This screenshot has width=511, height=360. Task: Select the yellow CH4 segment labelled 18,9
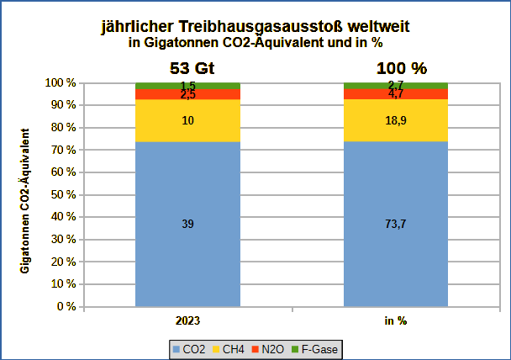click(x=396, y=120)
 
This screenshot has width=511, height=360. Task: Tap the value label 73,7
click(x=396, y=224)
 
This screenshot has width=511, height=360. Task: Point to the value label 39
click(x=188, y=224)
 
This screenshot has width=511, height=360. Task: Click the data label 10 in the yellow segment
click(x=188, y=121)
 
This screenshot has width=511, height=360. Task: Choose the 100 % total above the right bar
click(x=396, y=68)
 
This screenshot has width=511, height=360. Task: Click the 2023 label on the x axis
click(x=187, y=320)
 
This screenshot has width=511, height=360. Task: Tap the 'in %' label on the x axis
click(x=396, y=320)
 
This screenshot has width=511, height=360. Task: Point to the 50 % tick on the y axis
click(x=63, y=194)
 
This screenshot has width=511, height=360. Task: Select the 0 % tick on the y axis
click(x=66, y=306)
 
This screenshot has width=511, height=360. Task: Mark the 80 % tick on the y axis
click(x=63, y=128)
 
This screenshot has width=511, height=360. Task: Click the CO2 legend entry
click(x=189, y=348)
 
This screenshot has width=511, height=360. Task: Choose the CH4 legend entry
click(x=228, y=348)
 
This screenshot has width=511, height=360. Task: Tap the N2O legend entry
click(x=268, y=348)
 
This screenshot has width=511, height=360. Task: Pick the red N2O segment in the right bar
click(x=396, y=94)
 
